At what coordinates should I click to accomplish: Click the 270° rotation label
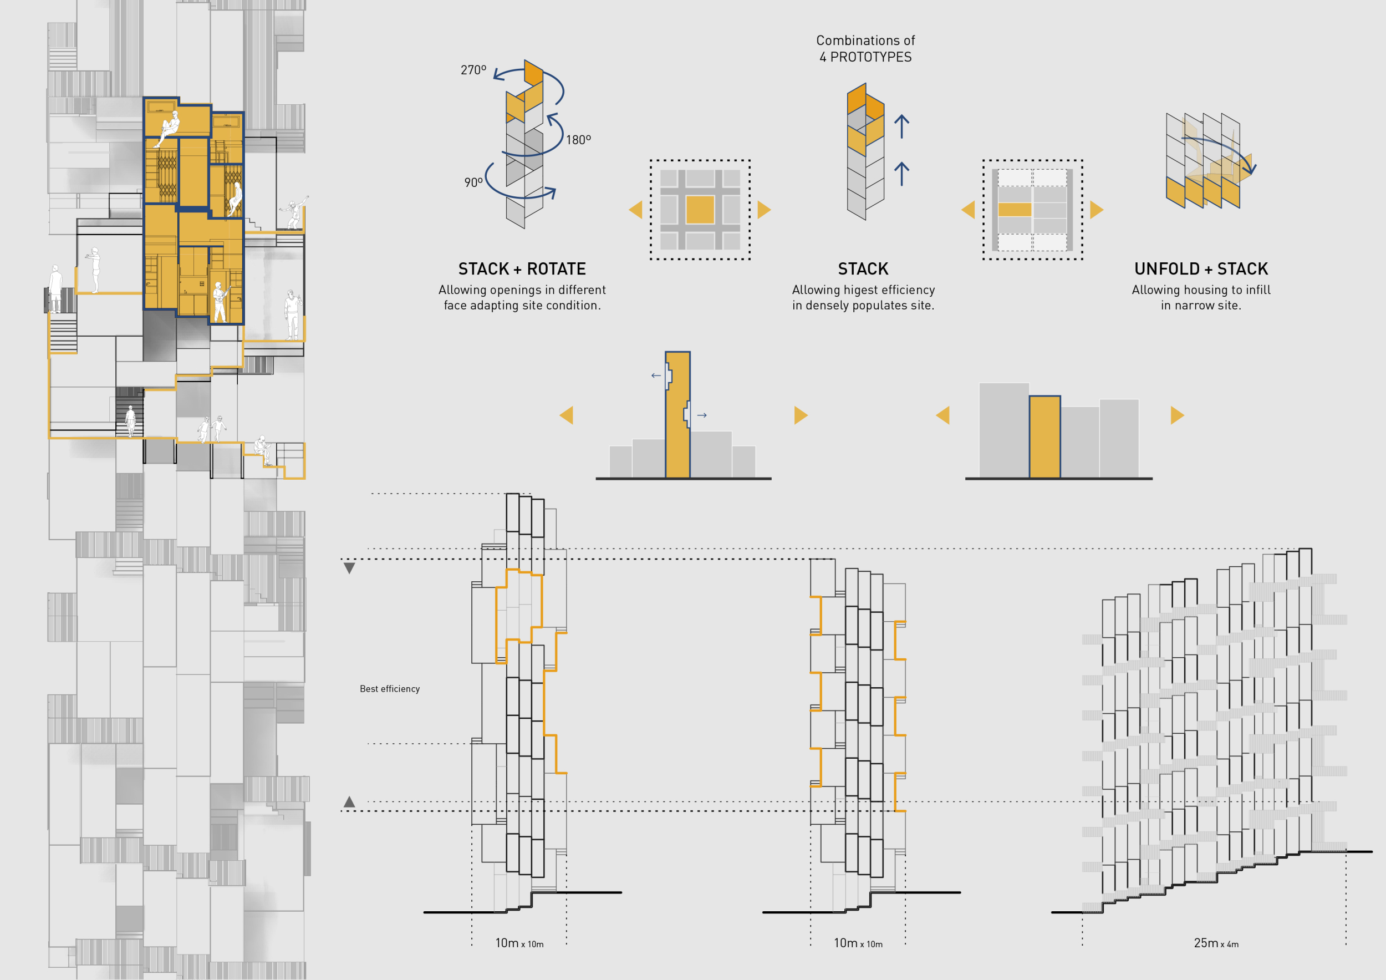pos(473,70)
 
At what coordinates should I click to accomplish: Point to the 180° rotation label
pos(578,140)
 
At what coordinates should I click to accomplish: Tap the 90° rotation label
pos(473,182)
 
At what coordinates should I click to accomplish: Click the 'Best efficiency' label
pos(389,689)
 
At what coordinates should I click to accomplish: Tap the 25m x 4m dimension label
pos(1216,943)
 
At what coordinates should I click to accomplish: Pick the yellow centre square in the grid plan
pos(700,210)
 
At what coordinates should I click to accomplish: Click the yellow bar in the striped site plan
pos(1015,210)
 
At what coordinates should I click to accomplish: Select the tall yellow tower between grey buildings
pos(677,417)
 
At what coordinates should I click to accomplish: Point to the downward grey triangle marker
pos(349,568)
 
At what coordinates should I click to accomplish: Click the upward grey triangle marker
pos(349,802)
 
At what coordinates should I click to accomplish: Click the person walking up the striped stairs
pos(130,421)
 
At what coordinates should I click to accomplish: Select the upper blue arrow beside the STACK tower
pos(901,126)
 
